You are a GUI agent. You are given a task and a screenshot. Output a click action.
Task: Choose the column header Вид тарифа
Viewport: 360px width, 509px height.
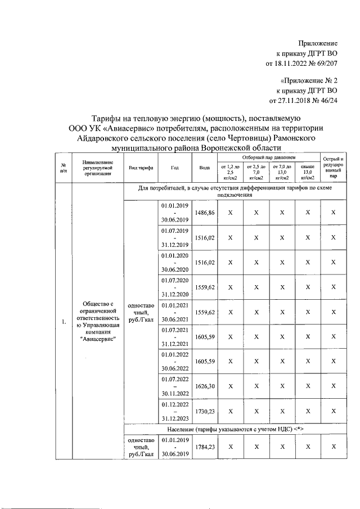141,168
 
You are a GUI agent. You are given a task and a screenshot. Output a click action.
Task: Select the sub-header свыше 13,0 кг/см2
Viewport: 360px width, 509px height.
307,172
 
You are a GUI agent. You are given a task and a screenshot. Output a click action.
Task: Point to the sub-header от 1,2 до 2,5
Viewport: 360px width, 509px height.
229,172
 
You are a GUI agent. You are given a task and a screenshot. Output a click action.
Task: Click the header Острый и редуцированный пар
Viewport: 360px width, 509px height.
334,168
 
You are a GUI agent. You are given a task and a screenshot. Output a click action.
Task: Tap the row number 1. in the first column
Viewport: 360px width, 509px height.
64,322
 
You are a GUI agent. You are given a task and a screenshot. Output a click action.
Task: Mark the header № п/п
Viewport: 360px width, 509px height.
64,168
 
